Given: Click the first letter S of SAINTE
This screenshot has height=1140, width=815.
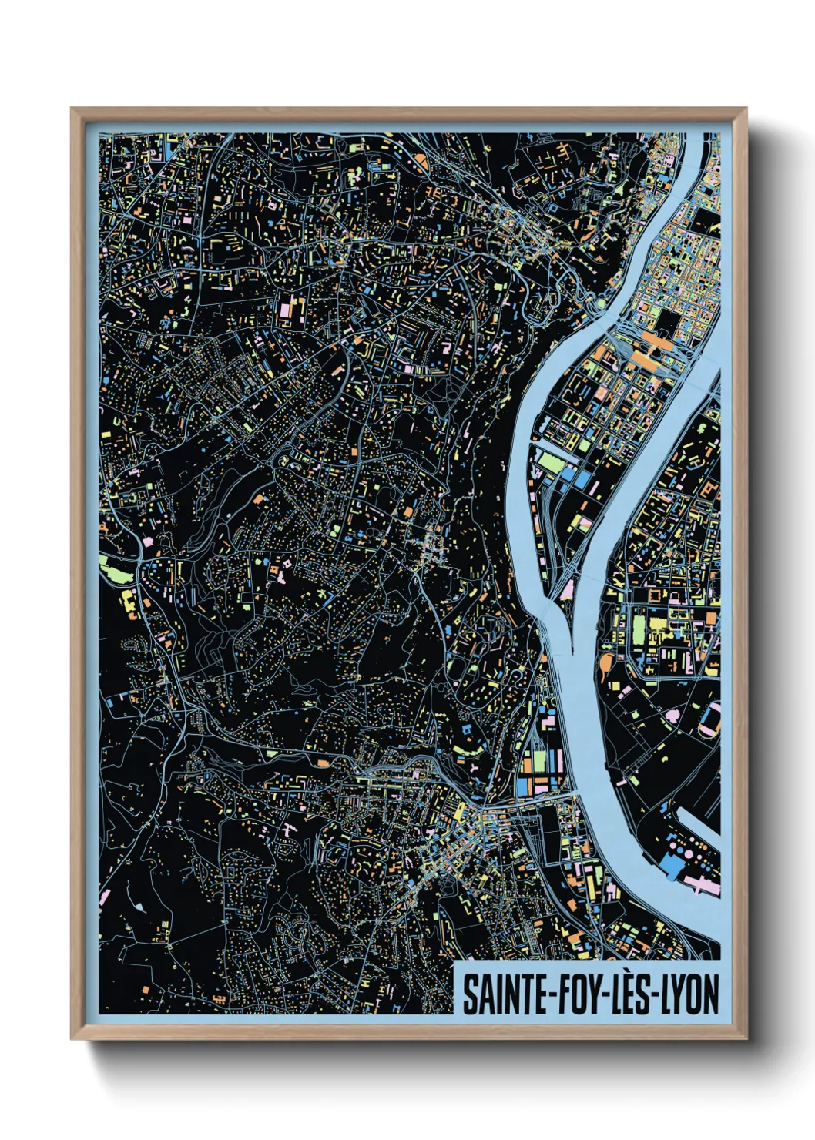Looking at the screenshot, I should point(468,994).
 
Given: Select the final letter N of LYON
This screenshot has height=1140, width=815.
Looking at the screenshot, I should point(711,994).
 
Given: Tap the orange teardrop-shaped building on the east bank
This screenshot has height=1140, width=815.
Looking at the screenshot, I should point(604,661).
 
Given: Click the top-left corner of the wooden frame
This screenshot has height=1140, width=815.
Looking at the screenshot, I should point(72,109).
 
